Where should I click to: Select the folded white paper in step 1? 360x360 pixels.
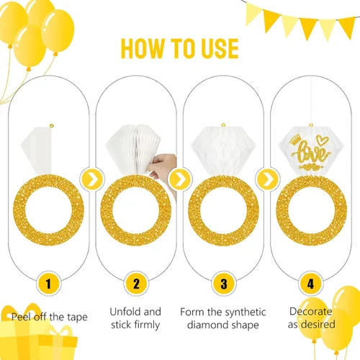(48, 151)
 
